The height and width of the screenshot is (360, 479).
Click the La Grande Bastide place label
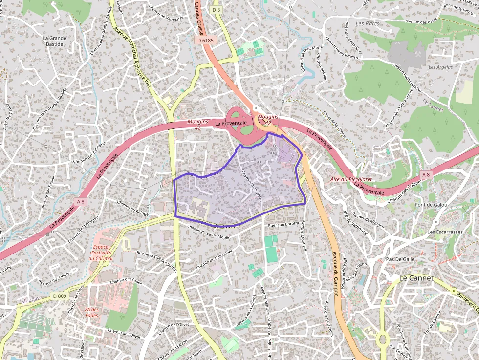click(x=54, y=41)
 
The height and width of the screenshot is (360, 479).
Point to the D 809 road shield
click(x=59, y=296)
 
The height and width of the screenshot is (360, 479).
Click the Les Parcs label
click(x=368, y=23)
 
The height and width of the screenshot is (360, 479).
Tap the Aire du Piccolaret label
click(x=350, y=179)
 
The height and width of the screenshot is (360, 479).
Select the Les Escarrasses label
click(x=445, y=232)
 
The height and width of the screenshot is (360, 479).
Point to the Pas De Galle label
click(x=399, y=259)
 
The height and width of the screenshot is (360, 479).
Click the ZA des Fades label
click(x=91, y=312)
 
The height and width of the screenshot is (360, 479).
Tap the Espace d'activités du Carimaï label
click(x=101, y=253)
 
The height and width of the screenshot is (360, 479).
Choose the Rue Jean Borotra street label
click(x=283, y=224)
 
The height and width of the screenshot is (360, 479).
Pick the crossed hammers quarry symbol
click(x=418, y=54)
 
